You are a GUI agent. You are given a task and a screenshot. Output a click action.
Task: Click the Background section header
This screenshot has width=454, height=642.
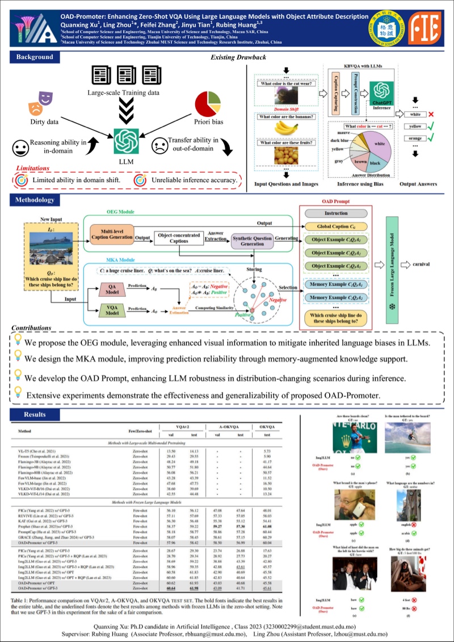[35, 57]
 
